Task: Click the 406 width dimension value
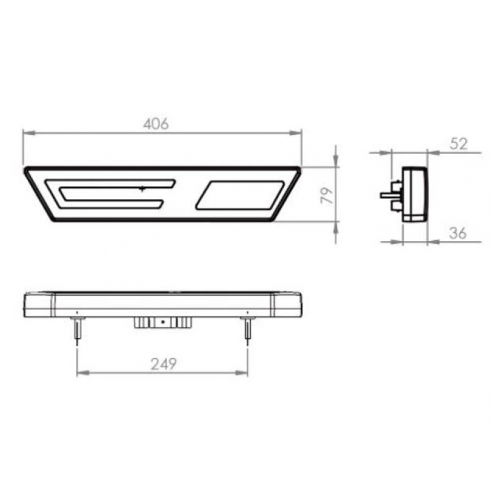point(156,124)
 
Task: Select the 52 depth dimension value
point(459,144)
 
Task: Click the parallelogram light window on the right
point(240,195)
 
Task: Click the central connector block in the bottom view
point(161,322)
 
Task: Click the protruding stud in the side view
point(388,194)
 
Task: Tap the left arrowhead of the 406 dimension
point(26,132)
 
